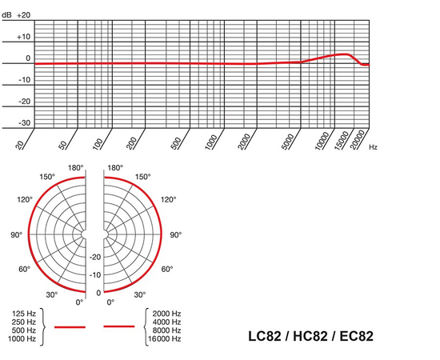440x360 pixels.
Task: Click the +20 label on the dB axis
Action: pyautogui.click(x=24, y=15)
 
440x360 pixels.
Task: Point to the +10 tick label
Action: pyautogui.click(x=24, y=37)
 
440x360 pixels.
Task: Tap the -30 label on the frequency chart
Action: pyautogui.click(x=25, y=123)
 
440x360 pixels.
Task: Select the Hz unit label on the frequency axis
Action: pyautogui.click(x=374, y=147)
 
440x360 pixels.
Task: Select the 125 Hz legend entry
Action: pyautogui.click(x=23, y=313)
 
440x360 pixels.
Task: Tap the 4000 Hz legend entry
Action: pyautogui.click(x=166, y=322)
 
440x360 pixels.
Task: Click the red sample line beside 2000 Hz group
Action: pyautogui.click(x=119, y=326)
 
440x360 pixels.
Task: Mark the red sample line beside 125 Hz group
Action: pyautogui.click(x=69, y=326)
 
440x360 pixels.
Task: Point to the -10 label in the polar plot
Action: pyautogui.click(x=94, y=274)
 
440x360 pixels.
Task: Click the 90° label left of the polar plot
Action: pyautogui.click(x=16, y=235)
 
